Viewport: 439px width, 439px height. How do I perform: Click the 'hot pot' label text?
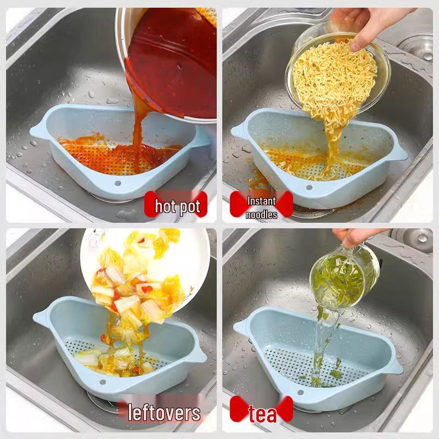[177, 206]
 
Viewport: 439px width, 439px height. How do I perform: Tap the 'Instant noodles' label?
[261, 207]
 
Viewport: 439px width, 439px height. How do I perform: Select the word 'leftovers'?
[164, 412]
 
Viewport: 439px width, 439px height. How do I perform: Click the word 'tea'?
[262, 414]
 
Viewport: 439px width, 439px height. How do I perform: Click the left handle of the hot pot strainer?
[38, 131]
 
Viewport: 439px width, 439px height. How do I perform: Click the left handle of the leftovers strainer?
[41, 317]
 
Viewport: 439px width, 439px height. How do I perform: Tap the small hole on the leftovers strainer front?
[102, 380]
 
